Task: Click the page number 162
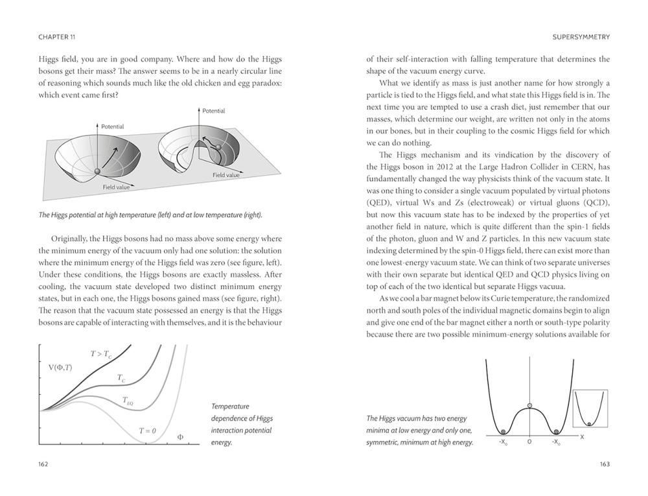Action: pos(43,464)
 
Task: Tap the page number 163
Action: pos(604,464)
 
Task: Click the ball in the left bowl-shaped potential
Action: pos(97,171)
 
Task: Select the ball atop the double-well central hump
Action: pos(529,406)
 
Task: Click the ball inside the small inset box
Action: pos(588,424)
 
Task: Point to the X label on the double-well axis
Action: pos(581,436)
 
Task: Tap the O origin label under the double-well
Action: pos(529,442)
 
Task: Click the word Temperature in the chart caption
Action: pos(230,406)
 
